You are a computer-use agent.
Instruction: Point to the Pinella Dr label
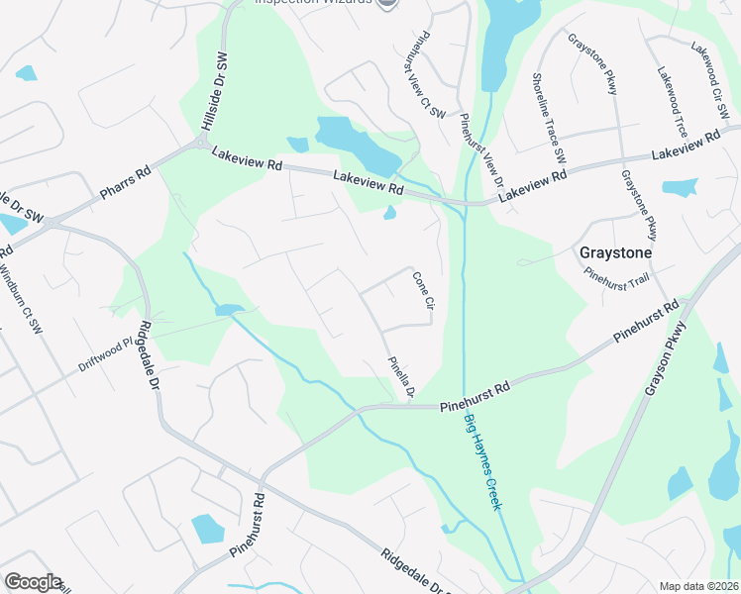[x=400, y=378]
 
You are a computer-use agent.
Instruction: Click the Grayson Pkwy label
[x=666, y=360]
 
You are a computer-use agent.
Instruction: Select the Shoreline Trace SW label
[x=548, y=118]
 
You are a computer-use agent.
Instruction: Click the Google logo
[x=33, y=582]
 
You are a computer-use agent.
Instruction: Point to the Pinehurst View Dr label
[x=482, y=152]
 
